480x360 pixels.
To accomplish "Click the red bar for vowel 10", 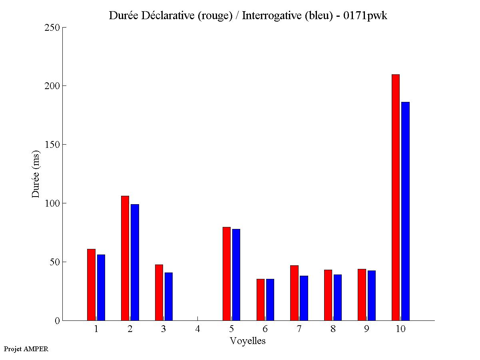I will [396, 197].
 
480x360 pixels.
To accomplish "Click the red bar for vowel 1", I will [91, 284].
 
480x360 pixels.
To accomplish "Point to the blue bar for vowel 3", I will [169, 296].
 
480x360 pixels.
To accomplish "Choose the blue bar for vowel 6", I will [270, 300].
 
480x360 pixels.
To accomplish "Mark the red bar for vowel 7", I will [294, 293].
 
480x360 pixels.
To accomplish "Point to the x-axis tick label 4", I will [197, 329].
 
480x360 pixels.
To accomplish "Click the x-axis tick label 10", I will [400, 329].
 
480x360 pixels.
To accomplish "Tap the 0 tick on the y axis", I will [57, 320].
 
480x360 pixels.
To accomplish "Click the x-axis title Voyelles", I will [248, 341].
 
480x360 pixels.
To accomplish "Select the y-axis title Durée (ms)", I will [36, 174].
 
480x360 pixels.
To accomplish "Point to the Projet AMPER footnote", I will [26, 349].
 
